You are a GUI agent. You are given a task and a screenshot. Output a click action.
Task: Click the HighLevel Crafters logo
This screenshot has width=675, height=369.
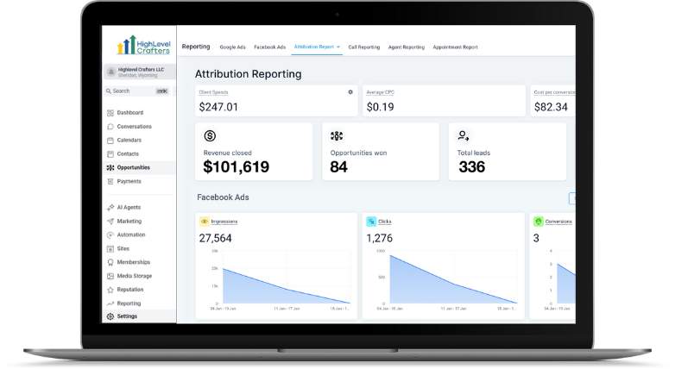(143, 45)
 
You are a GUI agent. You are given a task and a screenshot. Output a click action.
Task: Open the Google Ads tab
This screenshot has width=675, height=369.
(232, 47)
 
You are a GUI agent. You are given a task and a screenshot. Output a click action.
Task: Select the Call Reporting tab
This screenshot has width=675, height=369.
(363, 47)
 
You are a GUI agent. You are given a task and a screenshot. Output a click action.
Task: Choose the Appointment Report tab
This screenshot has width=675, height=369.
(455, 47)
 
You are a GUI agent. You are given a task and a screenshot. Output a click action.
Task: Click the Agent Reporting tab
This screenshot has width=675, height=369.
(407, 47)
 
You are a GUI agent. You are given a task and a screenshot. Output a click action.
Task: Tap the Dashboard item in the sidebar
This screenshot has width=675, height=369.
(129, 113)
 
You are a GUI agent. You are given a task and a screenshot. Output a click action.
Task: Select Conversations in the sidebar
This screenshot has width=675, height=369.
(134, 127)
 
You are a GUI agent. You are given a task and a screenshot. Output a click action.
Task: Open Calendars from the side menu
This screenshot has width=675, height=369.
(129, 141)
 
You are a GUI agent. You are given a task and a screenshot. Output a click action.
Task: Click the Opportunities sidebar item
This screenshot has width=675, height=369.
(133, 167)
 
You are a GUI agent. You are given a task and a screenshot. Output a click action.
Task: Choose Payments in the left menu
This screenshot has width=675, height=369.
(129, 181)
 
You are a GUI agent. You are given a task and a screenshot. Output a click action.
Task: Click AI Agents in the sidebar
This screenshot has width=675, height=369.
(129, 208)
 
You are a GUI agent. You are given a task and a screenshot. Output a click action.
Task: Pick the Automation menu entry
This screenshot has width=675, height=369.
(131, 235)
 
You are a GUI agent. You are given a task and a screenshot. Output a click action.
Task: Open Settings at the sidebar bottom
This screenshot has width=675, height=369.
(127, 316)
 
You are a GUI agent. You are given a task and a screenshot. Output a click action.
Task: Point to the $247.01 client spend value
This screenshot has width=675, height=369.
(218, 107)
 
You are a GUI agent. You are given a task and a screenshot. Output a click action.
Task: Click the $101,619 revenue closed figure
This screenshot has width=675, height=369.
(236, 167)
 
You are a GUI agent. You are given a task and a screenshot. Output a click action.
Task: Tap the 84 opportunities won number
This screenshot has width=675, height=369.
(338, 167)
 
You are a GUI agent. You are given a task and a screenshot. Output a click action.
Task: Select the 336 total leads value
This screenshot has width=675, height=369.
(471, 167)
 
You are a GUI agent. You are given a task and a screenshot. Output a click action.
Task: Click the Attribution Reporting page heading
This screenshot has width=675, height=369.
(248, 74)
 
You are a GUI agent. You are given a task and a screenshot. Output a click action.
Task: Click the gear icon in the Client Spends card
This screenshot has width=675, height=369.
(350, 91)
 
